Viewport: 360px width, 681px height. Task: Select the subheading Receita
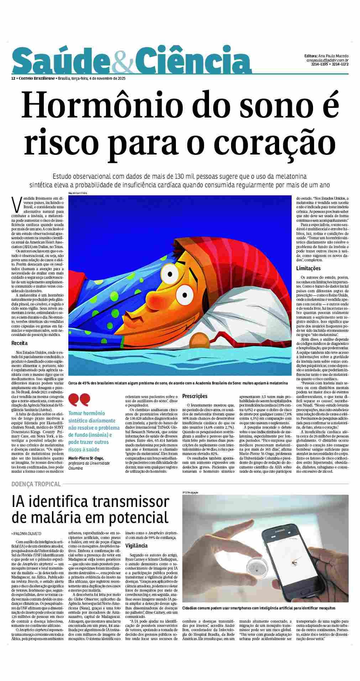coord(20,344)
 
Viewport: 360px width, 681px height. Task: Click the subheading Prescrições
coord(195,396)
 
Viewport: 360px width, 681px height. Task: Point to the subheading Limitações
coord(308,268)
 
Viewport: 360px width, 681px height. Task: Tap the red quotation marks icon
coord(79,400)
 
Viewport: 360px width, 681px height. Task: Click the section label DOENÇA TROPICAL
coord(36,484)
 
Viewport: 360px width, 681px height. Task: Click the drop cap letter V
coord(15,204)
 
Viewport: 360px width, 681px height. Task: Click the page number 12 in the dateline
coord(13,78)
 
